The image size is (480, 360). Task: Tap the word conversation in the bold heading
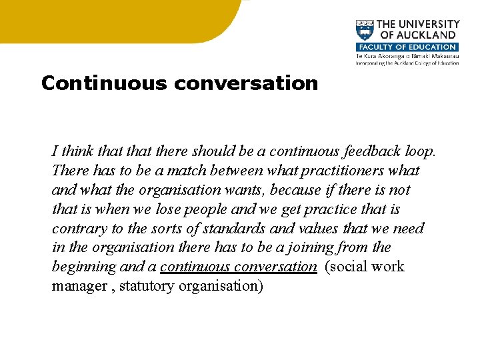coord(245,83)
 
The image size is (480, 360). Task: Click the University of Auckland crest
coord(364,31)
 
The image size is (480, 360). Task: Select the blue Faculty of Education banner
coord(407,47)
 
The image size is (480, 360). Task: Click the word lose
coord(170,209)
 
